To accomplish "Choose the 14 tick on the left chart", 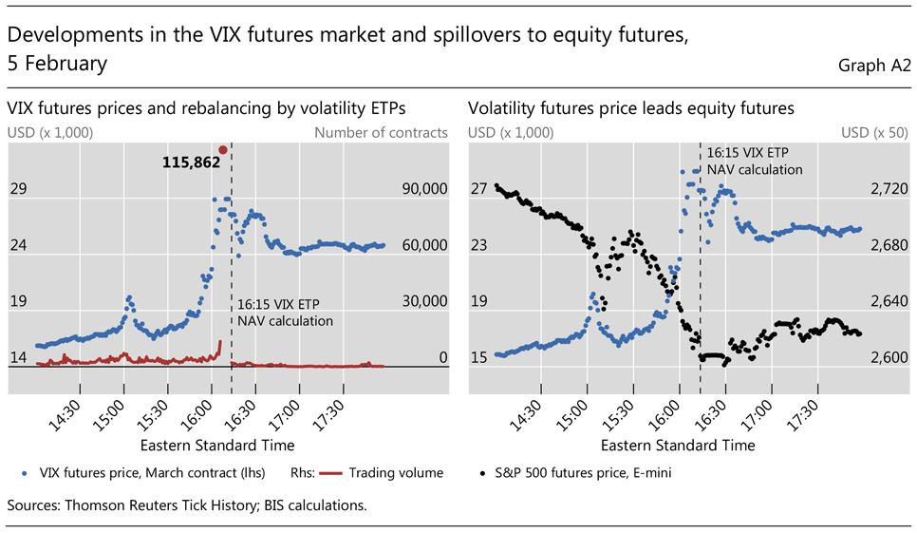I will (18, 358).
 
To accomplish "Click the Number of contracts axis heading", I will (381, 133).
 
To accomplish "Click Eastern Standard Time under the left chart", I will (216, 445).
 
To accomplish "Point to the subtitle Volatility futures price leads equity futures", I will (630, 109).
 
